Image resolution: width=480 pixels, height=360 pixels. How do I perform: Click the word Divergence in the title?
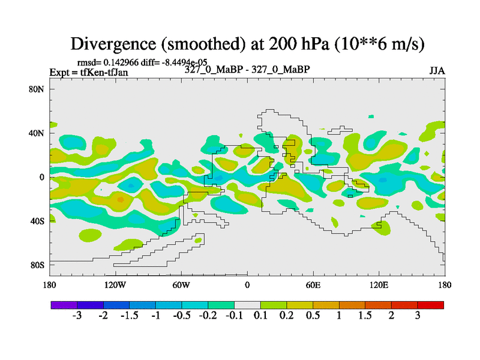[113, 44]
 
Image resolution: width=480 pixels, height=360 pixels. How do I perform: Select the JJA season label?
[437, 71]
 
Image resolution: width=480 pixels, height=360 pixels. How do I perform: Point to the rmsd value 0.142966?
[121, 62]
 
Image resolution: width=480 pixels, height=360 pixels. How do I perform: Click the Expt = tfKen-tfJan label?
[89, 73]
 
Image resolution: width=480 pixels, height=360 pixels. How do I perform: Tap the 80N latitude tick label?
[37, 89]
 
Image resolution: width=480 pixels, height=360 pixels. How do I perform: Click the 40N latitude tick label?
[37, 133]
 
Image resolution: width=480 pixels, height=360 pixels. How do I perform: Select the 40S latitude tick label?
[37, 221]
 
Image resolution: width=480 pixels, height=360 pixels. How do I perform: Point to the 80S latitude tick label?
[37, 265]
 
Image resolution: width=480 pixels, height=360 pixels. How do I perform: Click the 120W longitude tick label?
[115, 286]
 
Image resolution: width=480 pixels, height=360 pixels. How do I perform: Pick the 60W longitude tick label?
[181, 286]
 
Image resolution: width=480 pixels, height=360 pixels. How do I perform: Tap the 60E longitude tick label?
[313, 286]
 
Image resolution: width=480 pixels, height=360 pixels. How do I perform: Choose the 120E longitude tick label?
[379, 286]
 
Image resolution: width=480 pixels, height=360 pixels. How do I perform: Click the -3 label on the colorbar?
[77, 316]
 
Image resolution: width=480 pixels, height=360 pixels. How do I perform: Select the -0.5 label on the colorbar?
[182, 316]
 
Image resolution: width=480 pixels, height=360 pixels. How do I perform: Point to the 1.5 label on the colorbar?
[365, 316]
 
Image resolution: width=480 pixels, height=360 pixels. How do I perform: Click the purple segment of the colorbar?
[64, 305]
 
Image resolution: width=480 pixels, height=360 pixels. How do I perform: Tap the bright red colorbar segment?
[430, 305]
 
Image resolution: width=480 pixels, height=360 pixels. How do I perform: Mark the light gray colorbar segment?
[247, 305]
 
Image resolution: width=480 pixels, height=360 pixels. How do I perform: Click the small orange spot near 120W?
[121, 200]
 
